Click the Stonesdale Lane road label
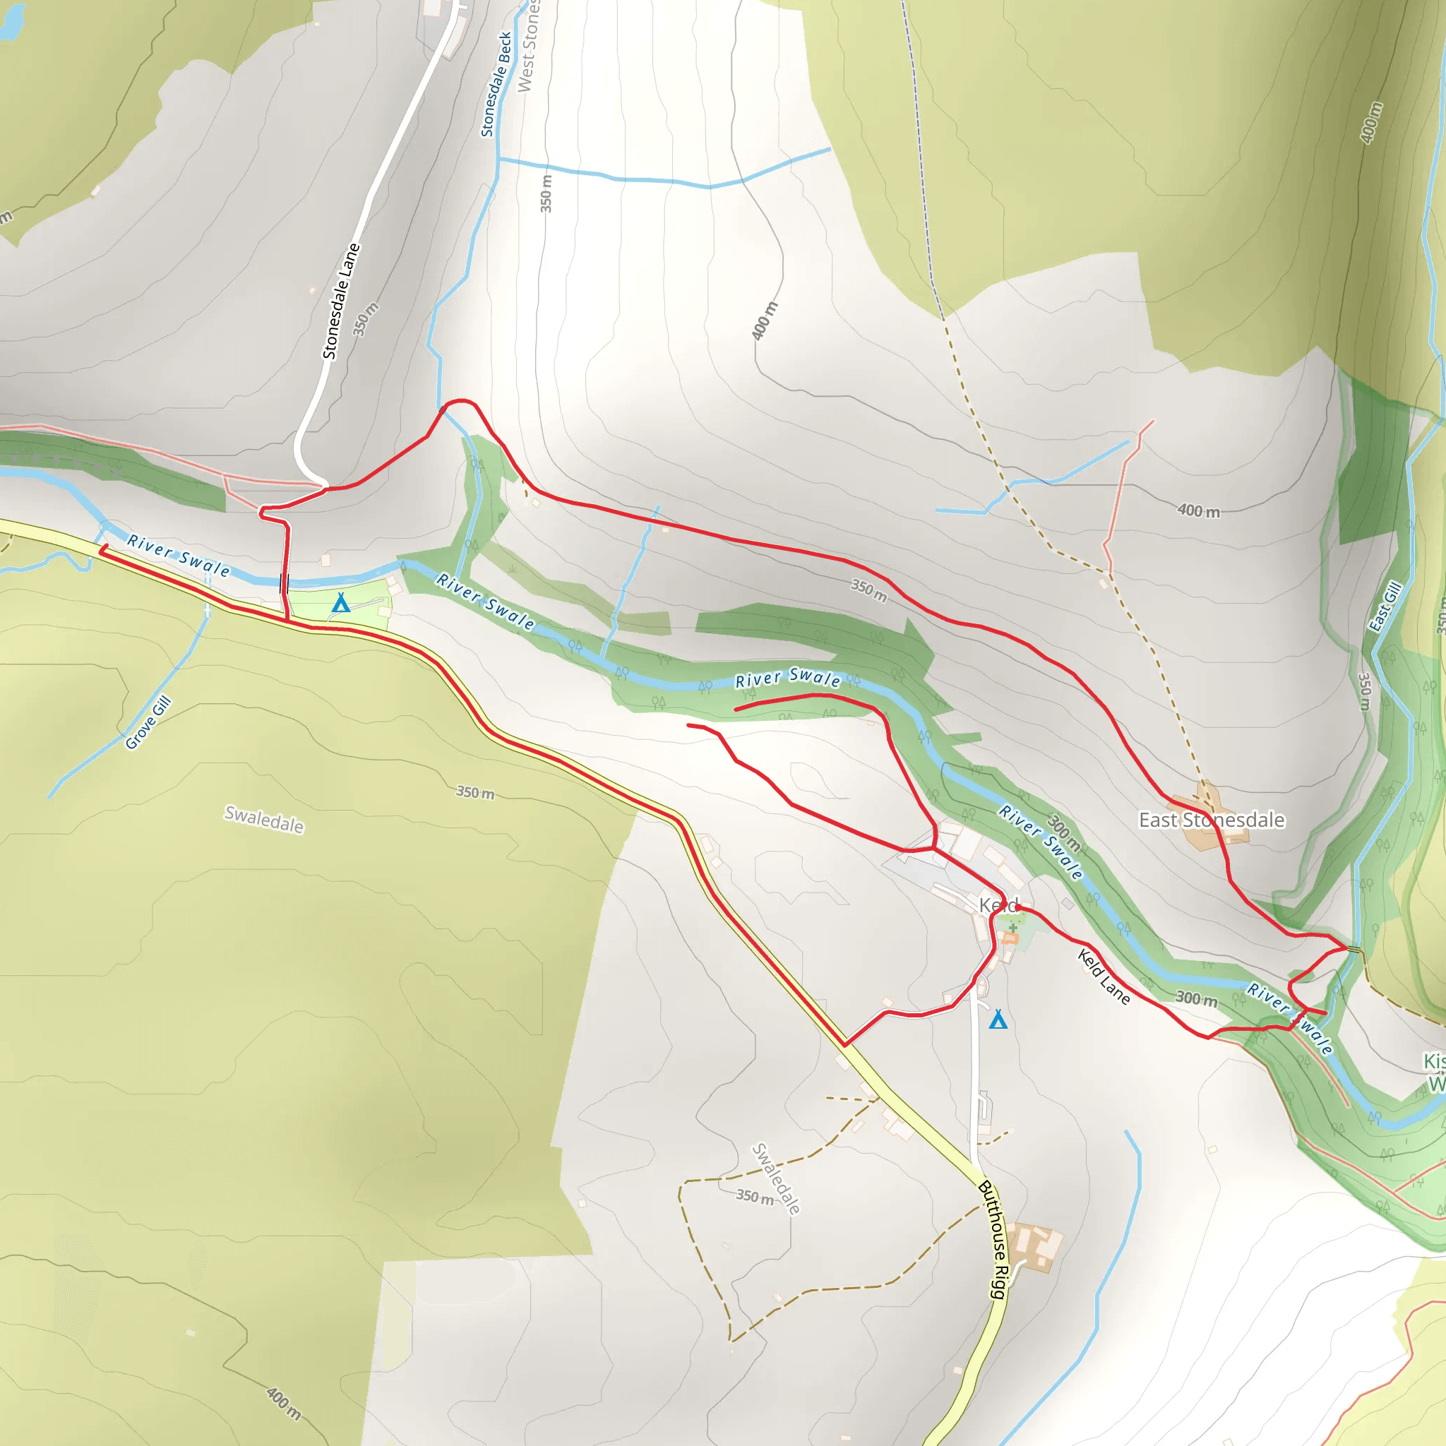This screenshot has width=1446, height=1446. [341, 301]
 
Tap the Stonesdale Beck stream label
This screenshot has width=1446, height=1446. [497, 84]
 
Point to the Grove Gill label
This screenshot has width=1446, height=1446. [148, 722]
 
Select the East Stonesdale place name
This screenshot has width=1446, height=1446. [1211, 820]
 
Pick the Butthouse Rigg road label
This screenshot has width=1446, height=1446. [995, 1238]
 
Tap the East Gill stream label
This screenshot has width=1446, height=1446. [1384, 607]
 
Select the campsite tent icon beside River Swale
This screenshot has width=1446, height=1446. [341, 602]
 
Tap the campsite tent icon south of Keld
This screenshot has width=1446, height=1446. [998, 1020]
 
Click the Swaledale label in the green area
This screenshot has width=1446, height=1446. [264, 819]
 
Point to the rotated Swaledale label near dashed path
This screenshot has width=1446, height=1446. [775, 1178]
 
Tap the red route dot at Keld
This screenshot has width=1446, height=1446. [1019, 908]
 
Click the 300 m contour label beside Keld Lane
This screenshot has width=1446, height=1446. [1195, 998]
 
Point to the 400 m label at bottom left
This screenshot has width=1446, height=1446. [284, 1404]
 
